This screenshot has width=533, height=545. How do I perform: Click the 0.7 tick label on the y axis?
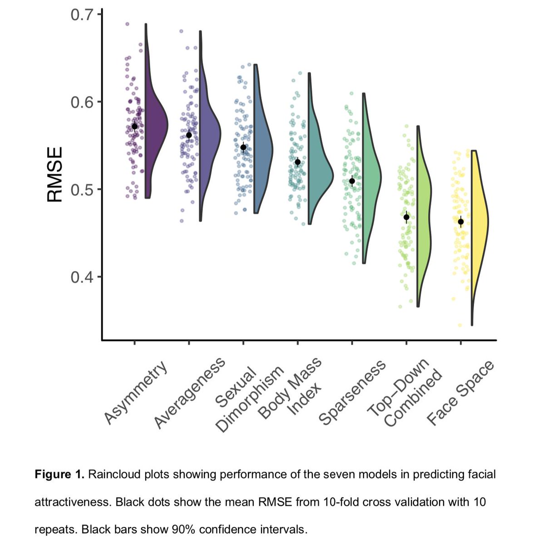pos(82,15)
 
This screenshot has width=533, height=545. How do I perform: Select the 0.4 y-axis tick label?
pos(82,277)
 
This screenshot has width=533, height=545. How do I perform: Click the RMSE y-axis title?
pos(54,174)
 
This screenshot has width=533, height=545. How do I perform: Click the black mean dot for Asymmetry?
pos(134,127)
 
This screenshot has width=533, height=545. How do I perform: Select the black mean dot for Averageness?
pos(189,135)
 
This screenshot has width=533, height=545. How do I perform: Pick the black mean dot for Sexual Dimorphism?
pos(243,147)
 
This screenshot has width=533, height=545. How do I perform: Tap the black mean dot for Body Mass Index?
pos(297,162)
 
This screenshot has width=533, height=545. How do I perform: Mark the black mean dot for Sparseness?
pos(352,181)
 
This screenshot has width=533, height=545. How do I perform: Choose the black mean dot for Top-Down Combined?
pos(406,217)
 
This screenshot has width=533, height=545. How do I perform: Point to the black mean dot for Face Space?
pos(461,222)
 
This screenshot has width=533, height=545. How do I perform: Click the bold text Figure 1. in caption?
pos(59,475)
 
